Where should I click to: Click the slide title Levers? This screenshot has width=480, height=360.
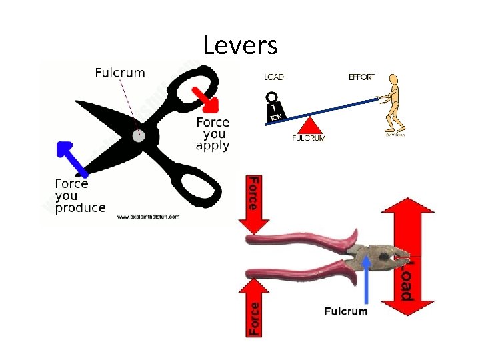click(x=240, y=45)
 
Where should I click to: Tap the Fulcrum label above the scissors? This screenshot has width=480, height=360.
click(x=120, y=72)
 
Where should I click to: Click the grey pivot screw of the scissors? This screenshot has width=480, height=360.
click(x=138, y=136)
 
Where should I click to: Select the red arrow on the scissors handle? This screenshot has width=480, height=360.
click(x=204, y=98)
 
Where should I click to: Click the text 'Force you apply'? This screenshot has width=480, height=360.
click(x=213, y=133)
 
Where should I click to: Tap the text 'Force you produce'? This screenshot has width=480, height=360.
click(x=79, y=195)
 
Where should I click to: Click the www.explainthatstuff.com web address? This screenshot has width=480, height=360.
click(x=148, y=217)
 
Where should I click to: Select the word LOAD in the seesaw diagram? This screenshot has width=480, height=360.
click(x=274, y=77)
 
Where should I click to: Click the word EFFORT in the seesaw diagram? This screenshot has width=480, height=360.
click(x=362, y=77)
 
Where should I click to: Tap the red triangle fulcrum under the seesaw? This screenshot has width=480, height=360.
click(x=309, y=124)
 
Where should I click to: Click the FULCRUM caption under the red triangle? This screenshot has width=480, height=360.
click(x=309, y=138)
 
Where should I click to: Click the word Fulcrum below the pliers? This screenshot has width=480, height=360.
click(x=345, y=311)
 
